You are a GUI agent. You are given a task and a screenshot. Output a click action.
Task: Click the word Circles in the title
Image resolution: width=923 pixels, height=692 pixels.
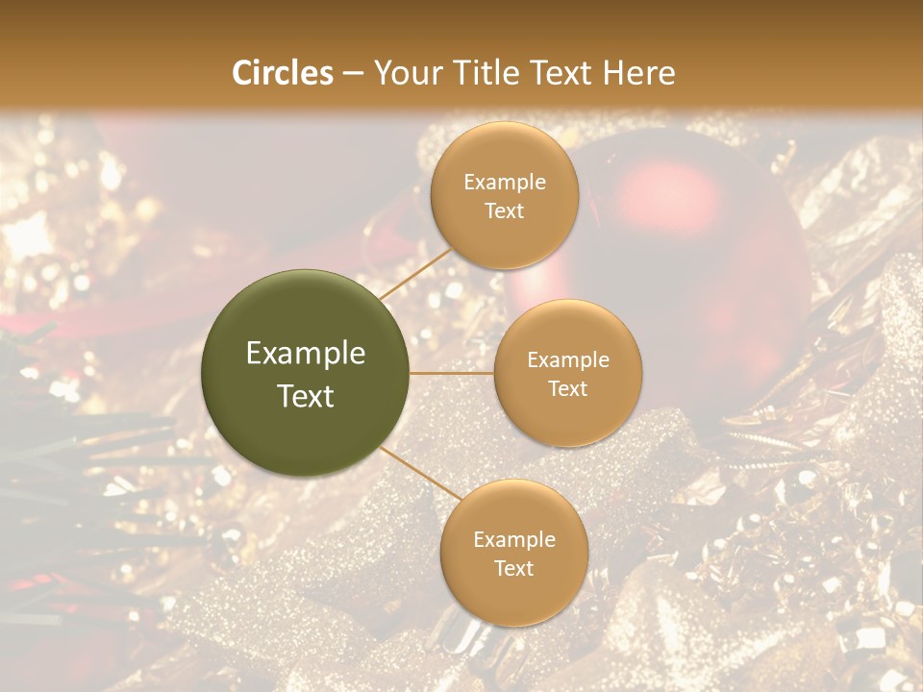283,73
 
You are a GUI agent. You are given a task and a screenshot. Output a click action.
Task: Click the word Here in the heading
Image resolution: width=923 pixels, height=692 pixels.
639,73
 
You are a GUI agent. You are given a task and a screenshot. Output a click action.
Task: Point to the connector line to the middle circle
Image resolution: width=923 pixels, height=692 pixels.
452,373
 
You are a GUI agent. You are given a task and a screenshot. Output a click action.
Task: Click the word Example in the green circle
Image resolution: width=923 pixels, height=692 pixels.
306,354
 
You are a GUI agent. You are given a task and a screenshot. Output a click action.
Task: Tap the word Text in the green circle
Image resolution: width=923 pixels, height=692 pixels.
306,396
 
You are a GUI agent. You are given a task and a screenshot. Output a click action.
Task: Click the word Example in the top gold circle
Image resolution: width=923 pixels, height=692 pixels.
505,183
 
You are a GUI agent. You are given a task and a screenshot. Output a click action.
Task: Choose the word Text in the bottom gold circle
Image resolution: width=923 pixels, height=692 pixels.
513,569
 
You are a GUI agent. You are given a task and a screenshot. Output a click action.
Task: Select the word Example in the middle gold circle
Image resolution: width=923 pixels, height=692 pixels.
568,360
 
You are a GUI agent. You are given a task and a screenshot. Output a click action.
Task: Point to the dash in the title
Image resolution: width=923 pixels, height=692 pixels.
353,73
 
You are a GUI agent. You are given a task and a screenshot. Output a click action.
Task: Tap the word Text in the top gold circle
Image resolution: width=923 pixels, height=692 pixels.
504,211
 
